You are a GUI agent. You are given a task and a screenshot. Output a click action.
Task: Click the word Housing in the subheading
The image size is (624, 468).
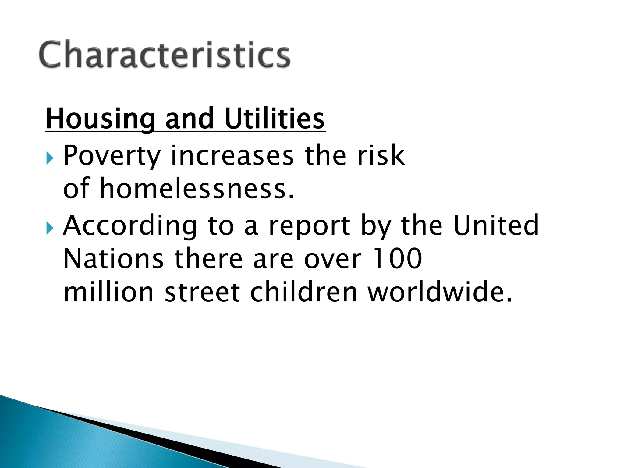point(100,119)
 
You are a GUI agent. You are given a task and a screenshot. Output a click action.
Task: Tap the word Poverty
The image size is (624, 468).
point(112,156)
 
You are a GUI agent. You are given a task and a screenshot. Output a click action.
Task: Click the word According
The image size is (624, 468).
point(130,226)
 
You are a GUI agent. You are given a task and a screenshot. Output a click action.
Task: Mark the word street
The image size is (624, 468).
point(202,292)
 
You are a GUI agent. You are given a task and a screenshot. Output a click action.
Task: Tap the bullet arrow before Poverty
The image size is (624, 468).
point(50,159)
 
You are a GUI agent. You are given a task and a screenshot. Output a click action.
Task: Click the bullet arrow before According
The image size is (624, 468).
point(50,229)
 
